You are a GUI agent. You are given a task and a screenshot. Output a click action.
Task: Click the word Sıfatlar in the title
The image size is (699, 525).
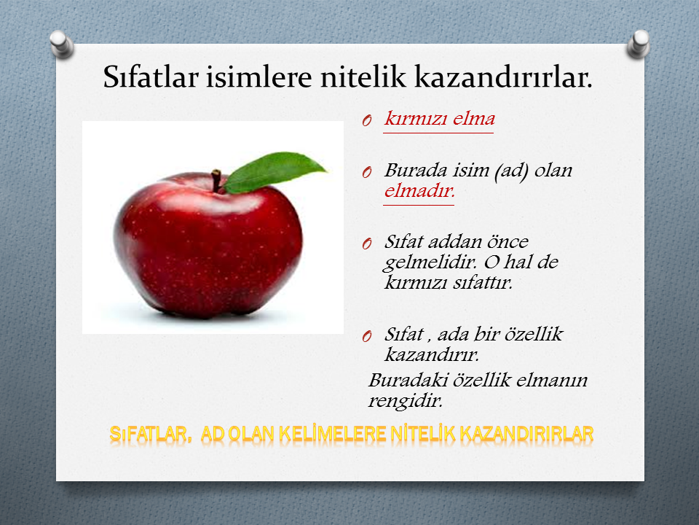[x=150, y=77]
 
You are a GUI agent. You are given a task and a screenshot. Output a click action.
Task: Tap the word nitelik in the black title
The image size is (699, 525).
[x=363, y=77]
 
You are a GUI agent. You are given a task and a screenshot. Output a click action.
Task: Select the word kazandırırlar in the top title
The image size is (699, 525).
[x=503, y=77]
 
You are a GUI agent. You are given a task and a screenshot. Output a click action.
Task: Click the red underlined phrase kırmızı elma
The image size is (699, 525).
[x=440, y=119]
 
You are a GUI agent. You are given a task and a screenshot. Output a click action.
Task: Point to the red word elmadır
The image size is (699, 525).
[x=419, y=191]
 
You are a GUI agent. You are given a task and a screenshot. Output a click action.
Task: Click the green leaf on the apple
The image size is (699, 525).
[x=275, y=172]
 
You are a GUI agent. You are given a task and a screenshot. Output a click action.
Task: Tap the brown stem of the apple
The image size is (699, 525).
[x=216, y=180]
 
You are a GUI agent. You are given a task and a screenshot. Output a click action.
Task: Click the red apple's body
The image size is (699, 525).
[x=208, y=246]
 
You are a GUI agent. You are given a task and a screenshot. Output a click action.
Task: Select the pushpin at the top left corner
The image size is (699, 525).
[x=61, y=44]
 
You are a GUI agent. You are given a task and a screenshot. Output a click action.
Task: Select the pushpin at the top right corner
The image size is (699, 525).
[x=638, y=44]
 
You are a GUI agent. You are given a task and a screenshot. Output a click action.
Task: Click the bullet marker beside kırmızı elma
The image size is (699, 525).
[x=367, y=120]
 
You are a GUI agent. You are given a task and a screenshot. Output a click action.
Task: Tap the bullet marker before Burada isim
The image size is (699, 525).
[x=367, y=172]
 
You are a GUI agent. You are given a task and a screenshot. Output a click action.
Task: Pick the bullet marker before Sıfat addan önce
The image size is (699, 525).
[x=367, y=244]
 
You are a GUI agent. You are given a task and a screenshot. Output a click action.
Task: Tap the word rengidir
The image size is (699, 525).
[x=406, y=400]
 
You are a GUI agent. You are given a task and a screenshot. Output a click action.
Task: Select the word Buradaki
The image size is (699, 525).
[x=408, y=380]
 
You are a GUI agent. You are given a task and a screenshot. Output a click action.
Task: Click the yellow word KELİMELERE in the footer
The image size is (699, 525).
[x=332, y=434]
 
